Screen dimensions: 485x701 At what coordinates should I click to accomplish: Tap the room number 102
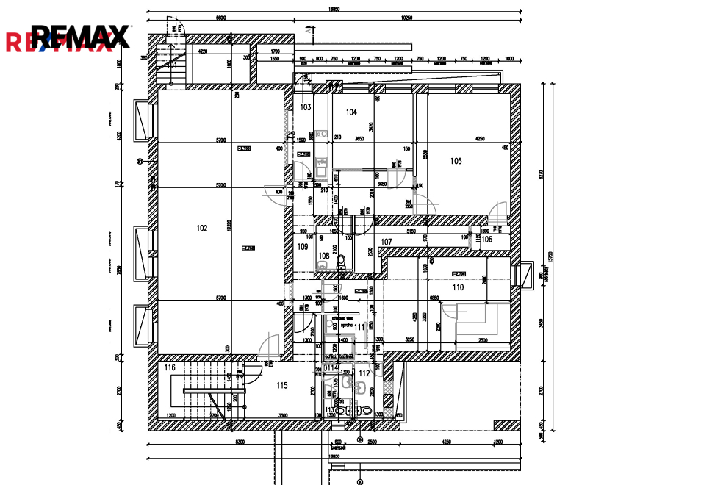point(202,228)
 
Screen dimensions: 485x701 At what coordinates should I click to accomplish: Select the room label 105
point(456,161)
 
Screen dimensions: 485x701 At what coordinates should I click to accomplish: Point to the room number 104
point(351,112)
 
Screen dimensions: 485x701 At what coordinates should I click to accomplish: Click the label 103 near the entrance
point(306,107)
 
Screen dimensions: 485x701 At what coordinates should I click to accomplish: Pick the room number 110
point(459,287)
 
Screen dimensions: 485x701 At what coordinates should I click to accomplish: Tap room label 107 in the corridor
point(387,242)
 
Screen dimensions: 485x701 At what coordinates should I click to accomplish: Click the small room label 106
point(486,239)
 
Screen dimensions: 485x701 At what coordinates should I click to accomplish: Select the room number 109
point(303,247)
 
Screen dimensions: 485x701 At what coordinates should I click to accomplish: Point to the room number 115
point(281,385)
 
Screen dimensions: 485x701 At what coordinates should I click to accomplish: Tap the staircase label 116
point(170,367)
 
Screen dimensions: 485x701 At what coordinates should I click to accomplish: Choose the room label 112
point(364,373)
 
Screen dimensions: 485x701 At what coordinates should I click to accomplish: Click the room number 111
point(359,326)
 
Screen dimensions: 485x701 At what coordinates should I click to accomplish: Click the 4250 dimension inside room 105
point(479,138)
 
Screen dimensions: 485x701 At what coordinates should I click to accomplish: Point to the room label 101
point(171,65)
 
